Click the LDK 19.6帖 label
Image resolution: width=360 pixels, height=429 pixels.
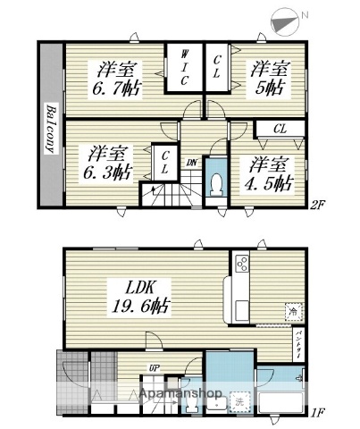[x=137, y=296]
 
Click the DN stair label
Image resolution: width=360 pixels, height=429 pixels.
[x=192, y=163]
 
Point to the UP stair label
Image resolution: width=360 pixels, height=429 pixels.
[x=153, y=368]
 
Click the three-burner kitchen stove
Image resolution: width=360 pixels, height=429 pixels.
[x=241, y=265]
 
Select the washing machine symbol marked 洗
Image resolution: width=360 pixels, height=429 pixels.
[x=239, y=402]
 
